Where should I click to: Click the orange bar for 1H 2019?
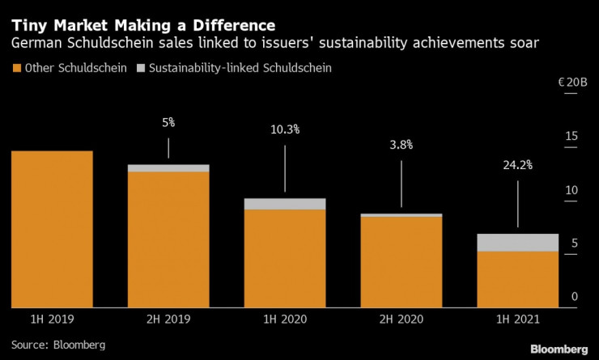point(52,229)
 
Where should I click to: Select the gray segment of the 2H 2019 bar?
point(168,168)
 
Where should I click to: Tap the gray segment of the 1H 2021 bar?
point(518,242)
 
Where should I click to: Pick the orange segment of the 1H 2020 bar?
point(285,258)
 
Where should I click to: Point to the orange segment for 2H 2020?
point(401,261)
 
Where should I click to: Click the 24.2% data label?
point(517,165)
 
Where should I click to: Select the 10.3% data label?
point(285,129)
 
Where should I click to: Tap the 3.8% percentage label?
point(401,145)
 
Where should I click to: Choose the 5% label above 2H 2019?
point(168,123)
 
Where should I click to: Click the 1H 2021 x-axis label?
point(518,320)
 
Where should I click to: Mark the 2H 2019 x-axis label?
point(168,320)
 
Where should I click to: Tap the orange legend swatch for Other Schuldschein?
point(16,68)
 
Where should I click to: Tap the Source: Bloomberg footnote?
point(58,345)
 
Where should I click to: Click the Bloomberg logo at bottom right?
point(559,349)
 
